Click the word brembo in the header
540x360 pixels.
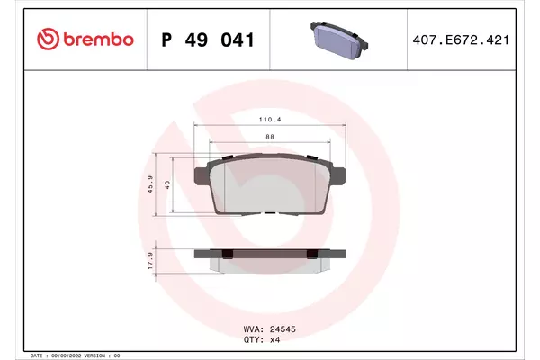[98, 40]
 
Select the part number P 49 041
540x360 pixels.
[208, 40]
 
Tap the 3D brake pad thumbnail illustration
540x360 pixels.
[339, 40]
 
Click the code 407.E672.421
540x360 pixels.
[461, 40]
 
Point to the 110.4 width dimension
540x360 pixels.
[270, 120]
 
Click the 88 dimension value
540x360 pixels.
[270, 137]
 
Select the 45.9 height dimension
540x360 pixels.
[150, 184]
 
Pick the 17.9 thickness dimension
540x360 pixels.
[150, 260]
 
